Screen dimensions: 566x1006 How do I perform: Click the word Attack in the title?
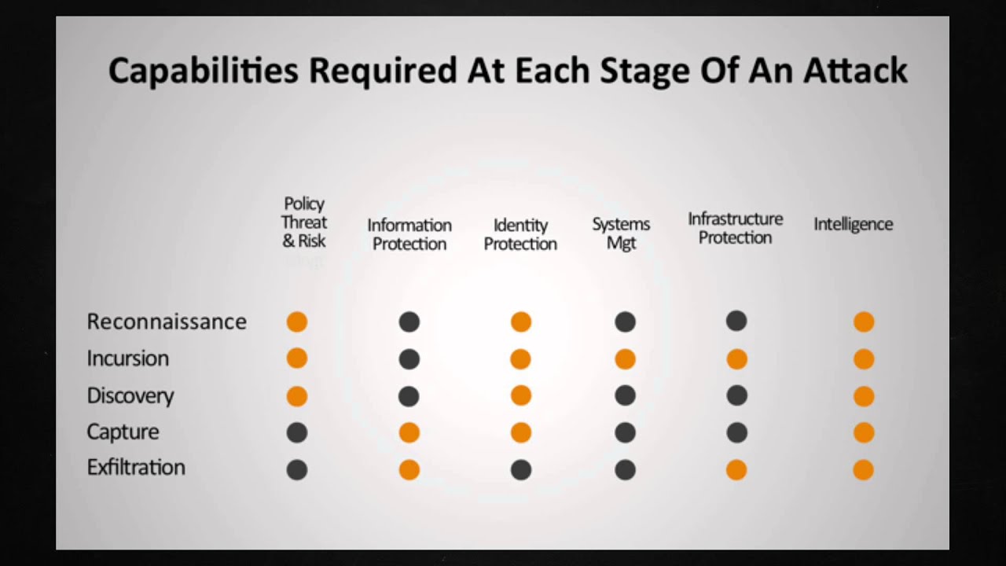tap(855, 71)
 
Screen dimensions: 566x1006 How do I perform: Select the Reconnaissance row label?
tap(167, 322)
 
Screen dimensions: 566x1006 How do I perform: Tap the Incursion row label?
tap(127, 358)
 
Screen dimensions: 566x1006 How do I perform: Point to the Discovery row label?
tap(130, 395)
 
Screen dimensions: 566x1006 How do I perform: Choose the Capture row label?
tap(123, 432)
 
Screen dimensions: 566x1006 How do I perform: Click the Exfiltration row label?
tap(136, 468)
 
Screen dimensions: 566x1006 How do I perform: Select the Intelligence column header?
tap(853, 224)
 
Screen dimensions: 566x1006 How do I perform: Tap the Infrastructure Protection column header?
tap(735, 228)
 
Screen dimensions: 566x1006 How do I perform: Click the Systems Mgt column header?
tap(621, 233)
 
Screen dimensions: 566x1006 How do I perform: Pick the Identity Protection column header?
tap(520, 234)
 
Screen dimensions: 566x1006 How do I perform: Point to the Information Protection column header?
tap(409, 234)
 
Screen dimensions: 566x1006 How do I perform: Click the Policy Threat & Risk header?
tap(304, 223)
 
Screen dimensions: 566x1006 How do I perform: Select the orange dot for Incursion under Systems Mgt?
tap(625, 359)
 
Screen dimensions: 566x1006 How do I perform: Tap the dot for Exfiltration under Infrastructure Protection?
tap(736, 470)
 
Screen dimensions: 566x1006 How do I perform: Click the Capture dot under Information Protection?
tap(409, 432)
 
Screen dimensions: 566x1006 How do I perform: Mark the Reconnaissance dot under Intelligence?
tap(864, 322)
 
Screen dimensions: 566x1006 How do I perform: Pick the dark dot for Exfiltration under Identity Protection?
tap(521, 470)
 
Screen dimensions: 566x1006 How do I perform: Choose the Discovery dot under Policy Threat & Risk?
tap(296, 396)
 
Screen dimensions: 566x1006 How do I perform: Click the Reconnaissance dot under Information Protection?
tap(409, 322)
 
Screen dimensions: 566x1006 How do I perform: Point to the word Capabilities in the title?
tap(203, 71)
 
